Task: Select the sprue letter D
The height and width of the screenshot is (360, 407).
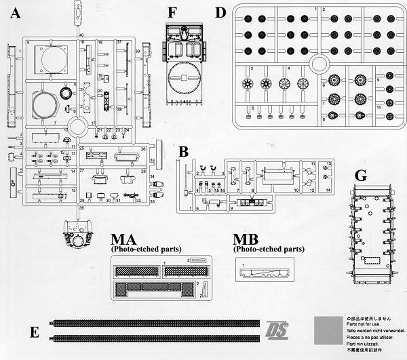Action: (220, 12)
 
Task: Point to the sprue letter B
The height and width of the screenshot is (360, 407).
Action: (183, 152)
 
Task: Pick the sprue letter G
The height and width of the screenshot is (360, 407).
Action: (361, 175)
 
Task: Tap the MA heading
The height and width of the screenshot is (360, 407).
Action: (126, 239)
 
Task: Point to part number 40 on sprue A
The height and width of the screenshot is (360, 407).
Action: (81, 33)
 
